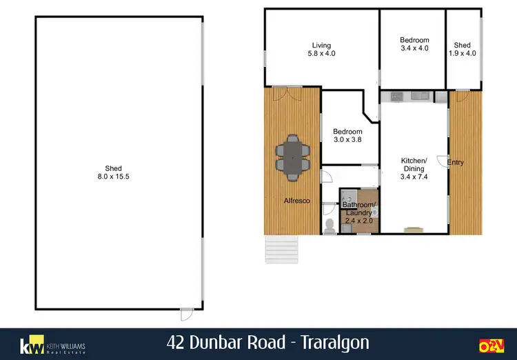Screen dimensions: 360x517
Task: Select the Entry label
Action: pyautogui.click(x=456, y=163)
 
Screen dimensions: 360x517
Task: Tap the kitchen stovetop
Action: pyautogui.click(x=396, y=95)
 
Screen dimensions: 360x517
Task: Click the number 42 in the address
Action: pyautogui.click(x=176, y=343)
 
